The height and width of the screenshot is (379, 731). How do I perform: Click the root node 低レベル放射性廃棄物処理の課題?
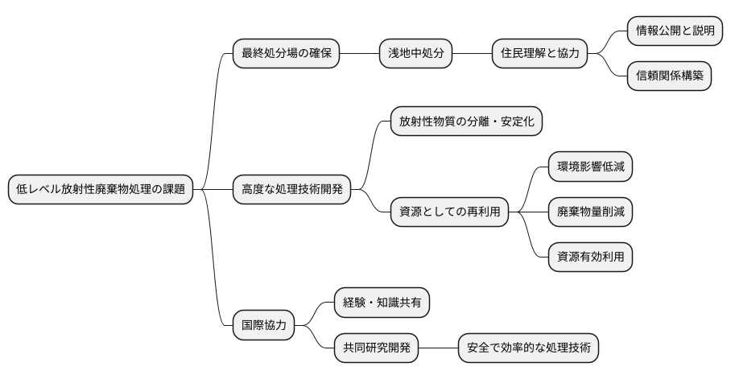[101, 190]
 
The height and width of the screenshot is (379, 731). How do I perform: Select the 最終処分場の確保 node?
[286, 54]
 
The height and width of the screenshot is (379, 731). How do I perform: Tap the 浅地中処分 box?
[415, 54]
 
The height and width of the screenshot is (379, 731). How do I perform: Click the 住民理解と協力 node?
[539, 54]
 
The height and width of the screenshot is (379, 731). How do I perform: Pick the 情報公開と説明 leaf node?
[674, 31]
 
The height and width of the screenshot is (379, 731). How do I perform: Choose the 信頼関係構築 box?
[669, 76]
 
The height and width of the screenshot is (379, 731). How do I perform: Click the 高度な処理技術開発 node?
[291, 190]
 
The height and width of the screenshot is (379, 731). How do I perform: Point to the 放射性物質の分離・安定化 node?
[466, 122]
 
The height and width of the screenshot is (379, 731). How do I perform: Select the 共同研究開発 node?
[377, 348]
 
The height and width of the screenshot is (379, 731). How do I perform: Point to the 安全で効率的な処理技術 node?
[528, 348]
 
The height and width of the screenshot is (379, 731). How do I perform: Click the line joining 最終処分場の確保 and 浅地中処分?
[359, 54]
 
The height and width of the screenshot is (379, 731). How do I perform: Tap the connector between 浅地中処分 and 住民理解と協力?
[472, 54]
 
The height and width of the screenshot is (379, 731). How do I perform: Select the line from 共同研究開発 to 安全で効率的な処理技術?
[439, 348]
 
